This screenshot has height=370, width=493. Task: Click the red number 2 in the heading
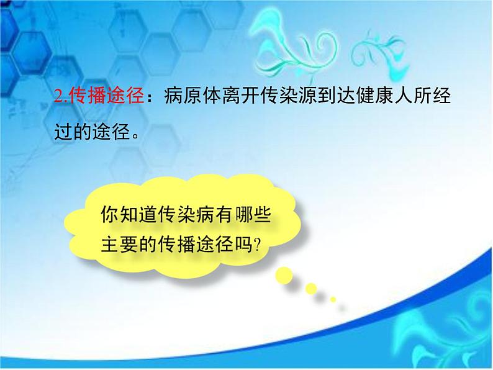click(x=59, y=95)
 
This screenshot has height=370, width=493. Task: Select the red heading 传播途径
click(x=106, y=95)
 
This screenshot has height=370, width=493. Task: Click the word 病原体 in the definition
click(x=192, y=95)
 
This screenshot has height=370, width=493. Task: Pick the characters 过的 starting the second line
click(x=73, y=132)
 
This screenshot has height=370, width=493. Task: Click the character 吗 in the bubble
click(x=243, y=244)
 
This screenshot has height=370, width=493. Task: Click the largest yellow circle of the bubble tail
click(x=284, y=276)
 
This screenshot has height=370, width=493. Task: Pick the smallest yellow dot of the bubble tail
click(x=333, y=299)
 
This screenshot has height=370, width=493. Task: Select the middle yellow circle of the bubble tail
click(x=311, y=289)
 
